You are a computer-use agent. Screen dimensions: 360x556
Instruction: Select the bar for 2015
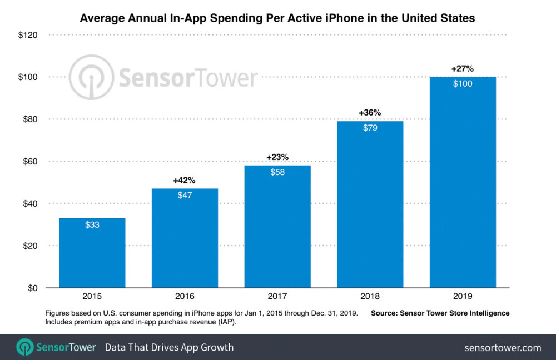[92, 253]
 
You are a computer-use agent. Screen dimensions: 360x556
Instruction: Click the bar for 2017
[277, 226]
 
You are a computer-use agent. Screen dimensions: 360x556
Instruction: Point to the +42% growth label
[185, 181]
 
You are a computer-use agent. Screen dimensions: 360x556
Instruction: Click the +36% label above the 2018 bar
[370, 113]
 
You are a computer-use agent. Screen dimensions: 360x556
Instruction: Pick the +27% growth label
[462, 69]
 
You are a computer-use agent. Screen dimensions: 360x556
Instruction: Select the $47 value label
[185, 195]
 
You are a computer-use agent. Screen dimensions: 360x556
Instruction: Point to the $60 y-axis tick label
[28, 162]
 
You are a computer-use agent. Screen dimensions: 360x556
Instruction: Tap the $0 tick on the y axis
[32, 288]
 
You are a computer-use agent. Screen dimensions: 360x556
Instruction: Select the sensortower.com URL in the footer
[503, 348]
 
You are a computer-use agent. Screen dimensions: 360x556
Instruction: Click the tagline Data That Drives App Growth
[170, 348]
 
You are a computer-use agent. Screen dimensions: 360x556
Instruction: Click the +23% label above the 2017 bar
[277, 157]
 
